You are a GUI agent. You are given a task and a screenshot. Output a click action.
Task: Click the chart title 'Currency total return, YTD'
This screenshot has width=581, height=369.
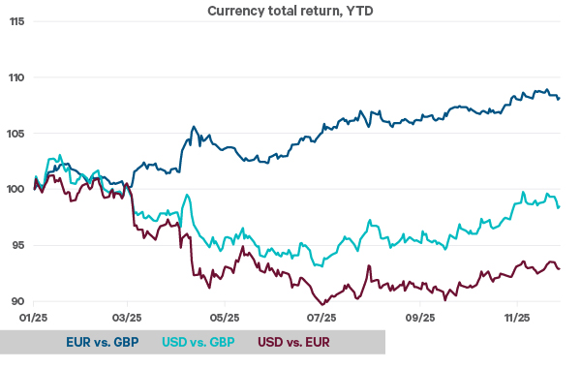pos(290,11)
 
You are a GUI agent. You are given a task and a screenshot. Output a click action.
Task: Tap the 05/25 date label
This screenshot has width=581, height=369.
pos(225,317)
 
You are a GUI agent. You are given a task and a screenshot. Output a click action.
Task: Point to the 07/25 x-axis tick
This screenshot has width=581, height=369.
pos(321,317)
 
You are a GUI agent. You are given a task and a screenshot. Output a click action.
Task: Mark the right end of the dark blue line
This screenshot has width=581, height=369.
pos(560,98)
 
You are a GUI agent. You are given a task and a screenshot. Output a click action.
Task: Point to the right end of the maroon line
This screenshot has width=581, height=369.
pos(560,268)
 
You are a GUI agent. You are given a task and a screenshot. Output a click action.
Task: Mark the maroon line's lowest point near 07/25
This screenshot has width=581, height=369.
pos(321,304)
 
